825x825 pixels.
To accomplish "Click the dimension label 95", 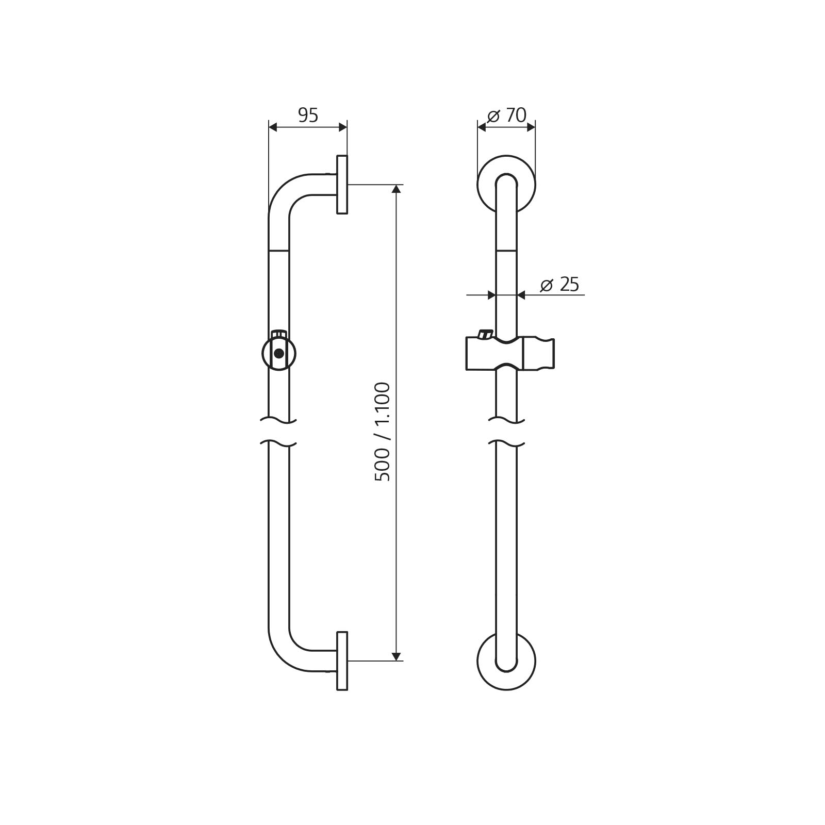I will point(308,115).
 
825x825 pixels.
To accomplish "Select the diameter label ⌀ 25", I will point(560,284).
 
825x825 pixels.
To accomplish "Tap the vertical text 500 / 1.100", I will point(383,432).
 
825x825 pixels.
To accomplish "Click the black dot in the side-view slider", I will point(279,354).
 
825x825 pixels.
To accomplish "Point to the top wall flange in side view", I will point(342,184).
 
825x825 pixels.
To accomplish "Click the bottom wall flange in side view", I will point(342,661).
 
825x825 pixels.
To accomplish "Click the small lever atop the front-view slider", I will point(485,334).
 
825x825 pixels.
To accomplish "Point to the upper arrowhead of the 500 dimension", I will point(396,189).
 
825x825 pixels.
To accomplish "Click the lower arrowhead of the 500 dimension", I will point(396,656).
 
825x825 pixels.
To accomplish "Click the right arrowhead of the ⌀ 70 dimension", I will point(531,127).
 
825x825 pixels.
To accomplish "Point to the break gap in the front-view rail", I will point(506,432).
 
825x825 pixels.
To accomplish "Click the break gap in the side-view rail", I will point(278,432).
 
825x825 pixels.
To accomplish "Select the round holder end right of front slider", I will point(539,354).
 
